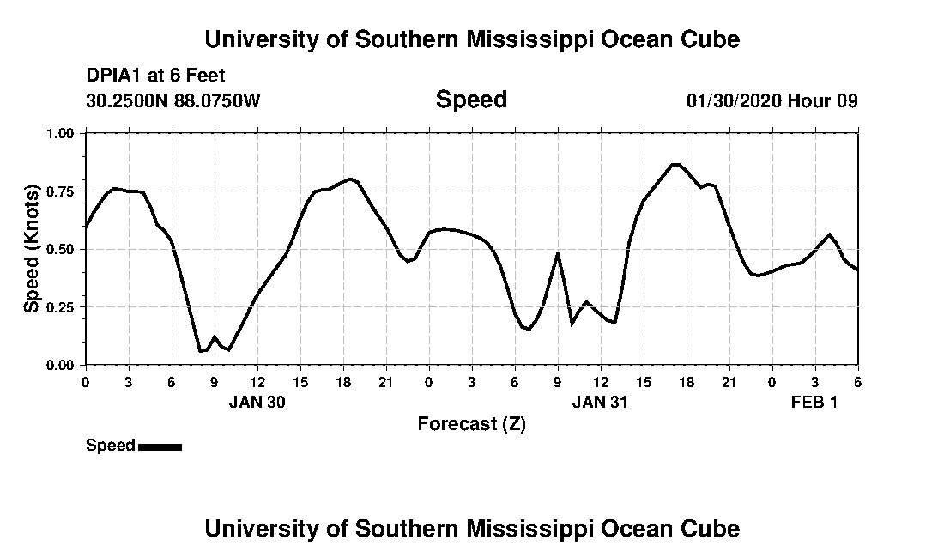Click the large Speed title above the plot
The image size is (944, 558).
click(x=471, y=100)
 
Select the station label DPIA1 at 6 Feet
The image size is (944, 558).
click(x=155, y=76)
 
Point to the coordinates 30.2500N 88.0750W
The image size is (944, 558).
click(x=172, y=100)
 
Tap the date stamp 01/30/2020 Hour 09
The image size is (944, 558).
click(x=772, y=100)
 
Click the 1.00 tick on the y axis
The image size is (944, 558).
click(x=61, y=133)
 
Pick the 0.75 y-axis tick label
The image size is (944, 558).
click(x=61, y=191)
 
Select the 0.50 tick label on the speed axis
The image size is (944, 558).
click(x=61, y=249)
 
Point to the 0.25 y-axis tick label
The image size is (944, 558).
click(x=61, y=307)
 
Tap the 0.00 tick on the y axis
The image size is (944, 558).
click(x=61, y=365)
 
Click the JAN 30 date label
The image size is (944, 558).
click(x=257, y=402)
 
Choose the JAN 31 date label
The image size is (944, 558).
click(x=601, y=402)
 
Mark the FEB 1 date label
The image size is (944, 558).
click(x=814, y=402)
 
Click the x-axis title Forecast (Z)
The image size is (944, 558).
click(x=471, y=423)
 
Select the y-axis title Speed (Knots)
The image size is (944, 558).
click(x=31, y=249)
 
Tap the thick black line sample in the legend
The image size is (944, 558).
click(x=160, y=446)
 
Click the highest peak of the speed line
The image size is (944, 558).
click(x=675, y=164)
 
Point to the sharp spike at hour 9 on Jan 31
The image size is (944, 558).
click(x=558, y=253)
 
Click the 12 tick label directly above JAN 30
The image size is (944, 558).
click(x=257, y=381)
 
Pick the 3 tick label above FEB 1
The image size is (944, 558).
click(x=815, y=381)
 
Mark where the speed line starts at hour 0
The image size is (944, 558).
click(x=86, y=227)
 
